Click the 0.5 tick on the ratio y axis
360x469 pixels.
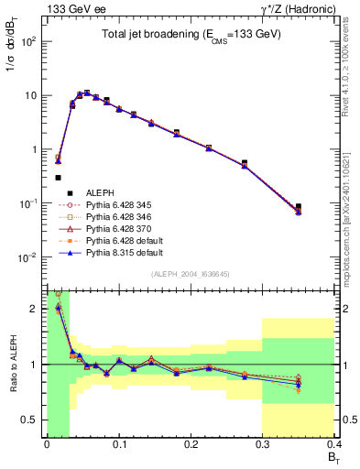[34, 420]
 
